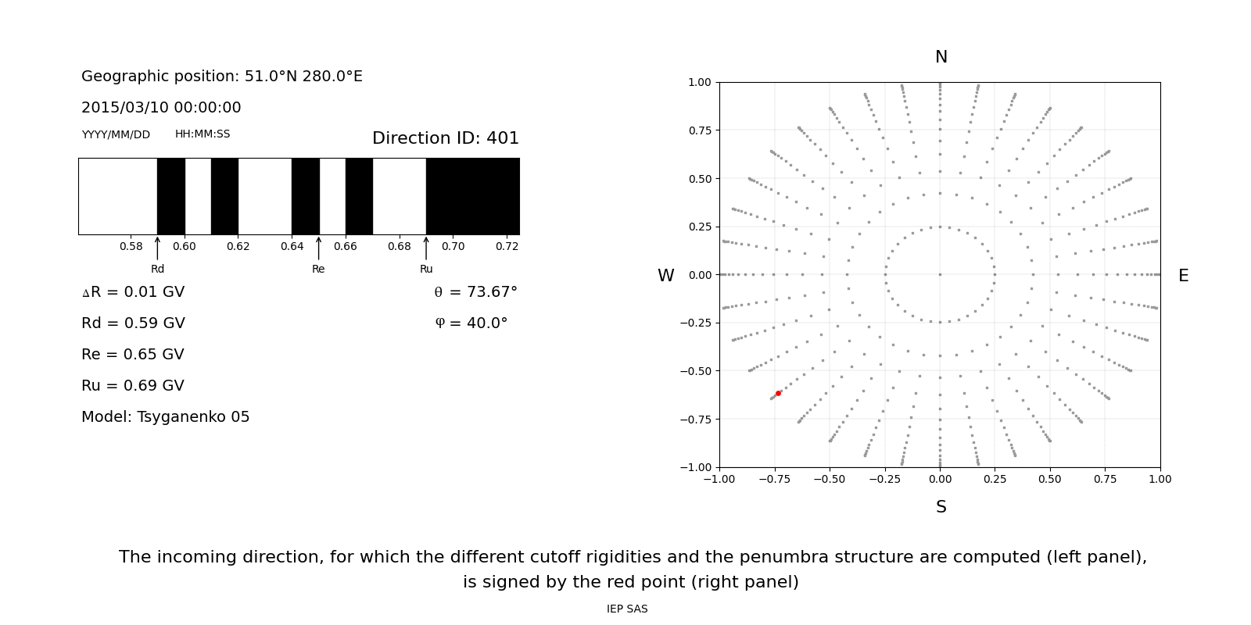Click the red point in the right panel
pos(778,393)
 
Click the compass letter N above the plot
pos(941,57)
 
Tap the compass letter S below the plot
pos(941,507)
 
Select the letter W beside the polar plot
pos(665,276)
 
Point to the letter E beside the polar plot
pos(1183,276)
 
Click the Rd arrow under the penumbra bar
pos(157,248)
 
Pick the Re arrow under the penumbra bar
pos(318,248)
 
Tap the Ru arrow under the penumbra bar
pos(426,248)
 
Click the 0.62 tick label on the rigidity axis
pos(238,246)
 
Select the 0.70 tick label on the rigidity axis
pos(453,246)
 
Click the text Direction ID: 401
pos(445,138)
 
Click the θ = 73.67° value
pos(475,292)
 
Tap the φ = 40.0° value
pos(471,323)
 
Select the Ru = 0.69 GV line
pos(133,386)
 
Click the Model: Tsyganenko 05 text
pos(166,417)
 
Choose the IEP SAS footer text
pos(627,609)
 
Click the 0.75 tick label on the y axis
pos(699,130)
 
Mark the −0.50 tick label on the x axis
pos(830,479)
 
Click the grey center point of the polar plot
pos(940,274)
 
